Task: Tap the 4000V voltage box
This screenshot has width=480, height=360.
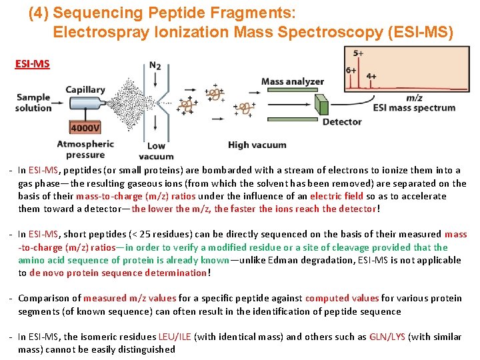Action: click(85, 128)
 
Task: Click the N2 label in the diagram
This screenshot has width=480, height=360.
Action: click(155, 65)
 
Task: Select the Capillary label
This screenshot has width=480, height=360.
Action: click(85, 90)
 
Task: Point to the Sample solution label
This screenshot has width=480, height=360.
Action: click(33, 103)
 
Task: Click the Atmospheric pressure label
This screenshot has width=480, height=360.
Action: click(85, 149)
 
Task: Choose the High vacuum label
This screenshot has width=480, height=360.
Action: click(257, 145)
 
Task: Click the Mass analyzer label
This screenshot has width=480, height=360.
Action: click(292, 82)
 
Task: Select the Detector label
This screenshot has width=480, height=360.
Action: click(341, 122)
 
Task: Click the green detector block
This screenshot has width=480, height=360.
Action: click(321, 106)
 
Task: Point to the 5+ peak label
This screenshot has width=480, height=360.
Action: click(358, 53)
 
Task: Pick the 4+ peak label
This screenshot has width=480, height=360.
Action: click(371, 77)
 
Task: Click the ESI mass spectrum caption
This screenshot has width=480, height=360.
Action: click(414, 108)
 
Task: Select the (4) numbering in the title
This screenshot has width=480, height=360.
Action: click(38, 13)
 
